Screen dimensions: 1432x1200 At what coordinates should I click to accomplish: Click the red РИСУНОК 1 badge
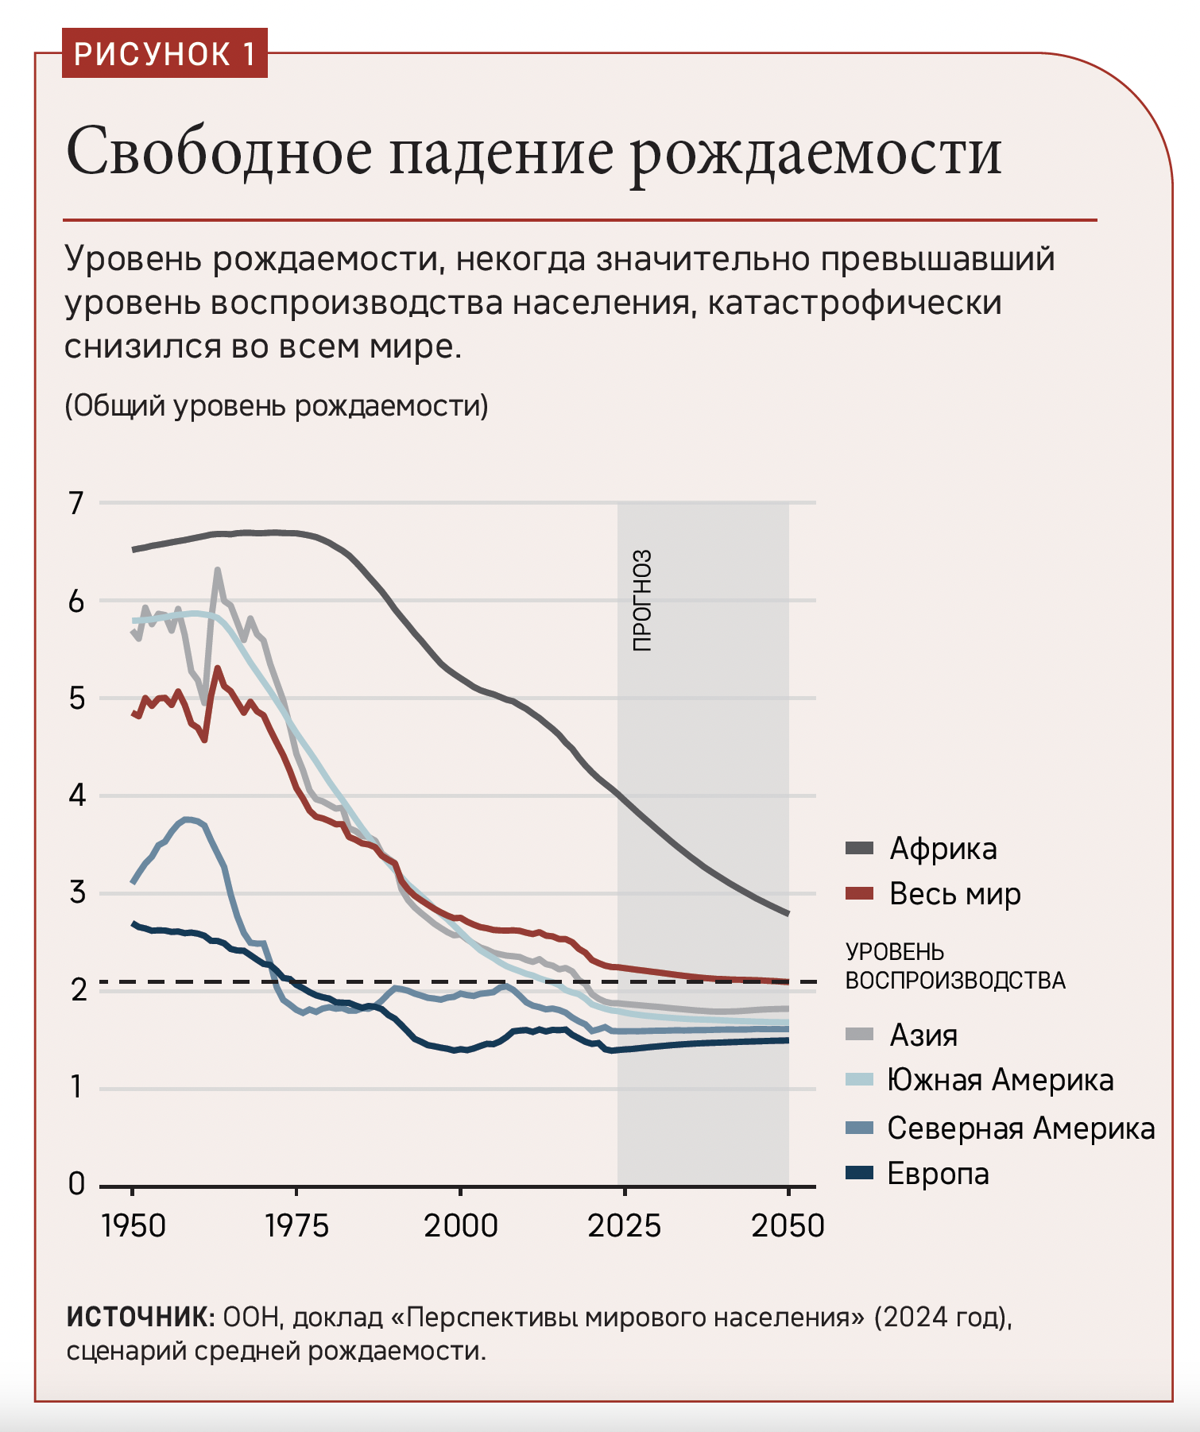pyautogui.click(x=165, y=53)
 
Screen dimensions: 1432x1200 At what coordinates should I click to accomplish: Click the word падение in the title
pyautogui.click(x=501, y=151)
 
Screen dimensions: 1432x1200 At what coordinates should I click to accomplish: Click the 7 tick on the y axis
pyautogui.click(x=76, y=503)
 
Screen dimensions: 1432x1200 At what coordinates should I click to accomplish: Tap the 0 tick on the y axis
pyautogui.click(x=76, y=1184)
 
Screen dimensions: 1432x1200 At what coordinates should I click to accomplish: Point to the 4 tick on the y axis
pyautogui.click(x=76, y=795)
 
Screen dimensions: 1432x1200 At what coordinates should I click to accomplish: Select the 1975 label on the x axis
pyautogui.click(x=296, y=1226)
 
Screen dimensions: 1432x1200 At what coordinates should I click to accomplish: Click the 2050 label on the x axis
pyautogui.click(x=788, y=1226)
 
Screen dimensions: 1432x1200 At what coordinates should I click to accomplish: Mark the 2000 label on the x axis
pyautogui.click(x=460, y=1226)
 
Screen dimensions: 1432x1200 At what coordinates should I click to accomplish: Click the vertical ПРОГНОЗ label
pyautogui.click(x=642, y=601)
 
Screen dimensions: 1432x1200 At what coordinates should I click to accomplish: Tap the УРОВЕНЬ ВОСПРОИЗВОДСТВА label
pyautogui.click(x=954, y=966)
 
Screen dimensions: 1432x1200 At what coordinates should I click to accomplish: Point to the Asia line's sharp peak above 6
pyautogui.click(x=217, y=570)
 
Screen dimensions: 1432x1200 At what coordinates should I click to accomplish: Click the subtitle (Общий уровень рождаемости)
pyautogui.click(x=276, y=406)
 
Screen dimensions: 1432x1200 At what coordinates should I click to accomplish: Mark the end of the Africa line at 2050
pyautogui.click(x=788, y=914)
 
